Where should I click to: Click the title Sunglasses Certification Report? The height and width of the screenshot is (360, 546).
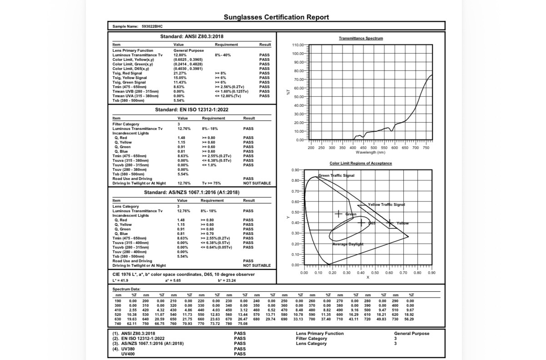coord(276,17)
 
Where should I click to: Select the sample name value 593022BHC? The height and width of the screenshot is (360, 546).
coord(152,26)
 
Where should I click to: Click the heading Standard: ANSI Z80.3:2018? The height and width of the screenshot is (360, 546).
coord(192,36)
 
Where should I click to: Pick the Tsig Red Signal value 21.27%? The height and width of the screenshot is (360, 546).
coord(180,73)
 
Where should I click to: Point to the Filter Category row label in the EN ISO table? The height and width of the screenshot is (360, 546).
coord(126,124)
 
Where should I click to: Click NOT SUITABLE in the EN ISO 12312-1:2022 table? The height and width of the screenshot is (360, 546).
coord(257,183)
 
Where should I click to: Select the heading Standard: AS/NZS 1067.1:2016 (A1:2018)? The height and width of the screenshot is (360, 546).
coord(191,192)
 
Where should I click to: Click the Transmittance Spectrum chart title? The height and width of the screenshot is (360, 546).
coord(361,38)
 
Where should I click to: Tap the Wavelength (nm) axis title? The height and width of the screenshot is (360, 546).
coord(370,152)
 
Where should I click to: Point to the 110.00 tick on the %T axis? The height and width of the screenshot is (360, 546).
coord(299,45)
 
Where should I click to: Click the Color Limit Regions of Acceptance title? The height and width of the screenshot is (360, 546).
coord(361,163)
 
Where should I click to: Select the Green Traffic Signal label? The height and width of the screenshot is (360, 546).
coord(336,175)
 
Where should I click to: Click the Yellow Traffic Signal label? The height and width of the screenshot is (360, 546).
coord(386,205)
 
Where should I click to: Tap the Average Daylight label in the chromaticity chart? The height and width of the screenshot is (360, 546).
coord(348,244)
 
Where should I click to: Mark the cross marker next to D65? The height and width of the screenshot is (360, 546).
coord(361,223)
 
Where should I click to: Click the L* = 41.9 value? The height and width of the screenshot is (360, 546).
coord(120,280)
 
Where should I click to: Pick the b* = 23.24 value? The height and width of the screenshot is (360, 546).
coord(227,280)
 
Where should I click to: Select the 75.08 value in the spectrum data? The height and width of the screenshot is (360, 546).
coord(242,324)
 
